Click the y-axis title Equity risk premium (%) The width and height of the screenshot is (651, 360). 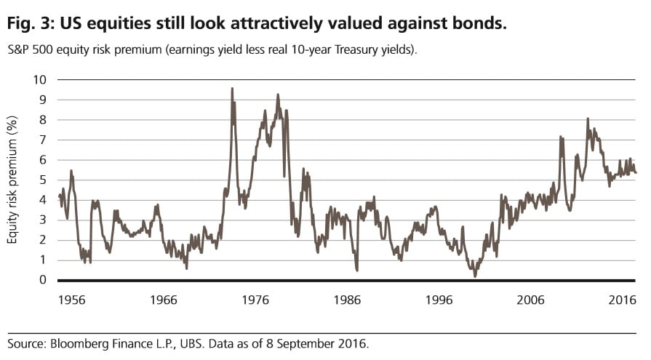(x=13, y=180)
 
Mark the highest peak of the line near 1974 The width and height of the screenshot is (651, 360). (x=232, y=89)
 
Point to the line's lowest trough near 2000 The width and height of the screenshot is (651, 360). (x=475, y=276)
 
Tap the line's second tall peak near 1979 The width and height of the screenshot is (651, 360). (x=277, y=95)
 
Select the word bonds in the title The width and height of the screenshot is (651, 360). (x=479, y=24)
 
